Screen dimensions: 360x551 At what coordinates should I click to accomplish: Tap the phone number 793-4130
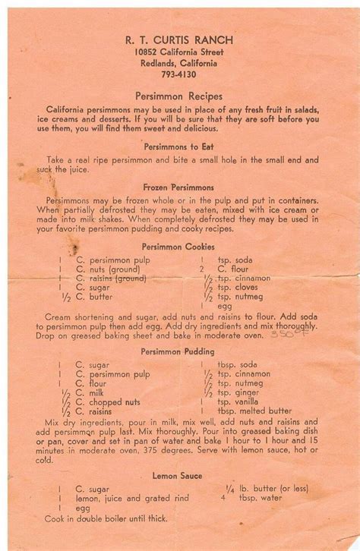[180, 74]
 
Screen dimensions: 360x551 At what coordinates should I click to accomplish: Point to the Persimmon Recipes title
[180, 98]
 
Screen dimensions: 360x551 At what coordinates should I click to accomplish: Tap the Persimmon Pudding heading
[180, 351]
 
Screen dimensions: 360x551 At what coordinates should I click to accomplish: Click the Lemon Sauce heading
[180, 476]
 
